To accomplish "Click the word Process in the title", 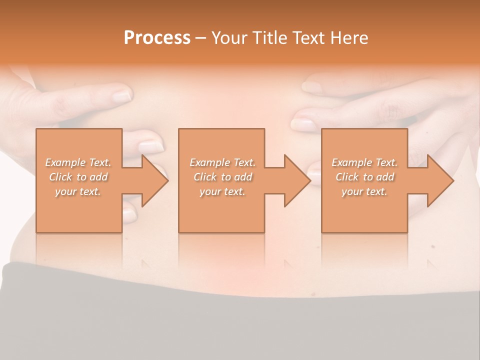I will coord(157,38).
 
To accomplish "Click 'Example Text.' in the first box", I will coord(78,162).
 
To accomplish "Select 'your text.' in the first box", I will coord(78,191).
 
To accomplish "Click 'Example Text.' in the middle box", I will coord(222,162).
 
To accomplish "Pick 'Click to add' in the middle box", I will coord(222,177).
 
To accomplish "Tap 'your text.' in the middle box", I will coord(222,191).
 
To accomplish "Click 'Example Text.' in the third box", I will coord(364,162).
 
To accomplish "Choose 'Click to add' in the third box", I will coord(364,177).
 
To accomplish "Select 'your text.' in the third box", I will coord(364,191).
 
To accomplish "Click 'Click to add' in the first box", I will coord(78,177).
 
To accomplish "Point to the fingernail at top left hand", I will coord(121,95).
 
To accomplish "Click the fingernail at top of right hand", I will coord(312,87).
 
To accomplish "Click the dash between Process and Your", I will coord(200,38).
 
